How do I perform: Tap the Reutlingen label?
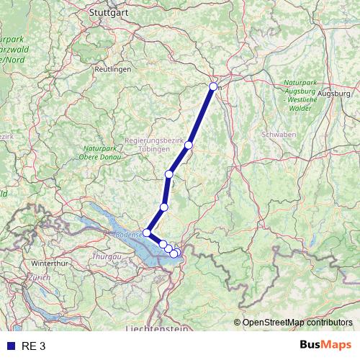[x=113, y=68]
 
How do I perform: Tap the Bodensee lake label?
[x=127, y=234]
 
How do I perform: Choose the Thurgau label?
[x=106, y=256]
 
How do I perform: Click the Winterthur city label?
[x=47, y=264]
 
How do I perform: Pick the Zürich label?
[x=40, y=277]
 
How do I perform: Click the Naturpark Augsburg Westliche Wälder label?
[x=297, y=95]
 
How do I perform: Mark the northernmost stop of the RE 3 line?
[x=213, y=86]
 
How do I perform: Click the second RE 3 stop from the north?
[x=189, y=145]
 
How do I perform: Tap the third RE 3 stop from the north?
[x=169, y=174]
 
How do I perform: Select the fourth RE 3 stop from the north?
[x=164, y=207]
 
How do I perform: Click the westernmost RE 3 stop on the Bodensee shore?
[x=147, y=233]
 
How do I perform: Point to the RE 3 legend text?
[x=34, y=346]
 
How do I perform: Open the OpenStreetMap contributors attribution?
[x=297, y=323]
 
